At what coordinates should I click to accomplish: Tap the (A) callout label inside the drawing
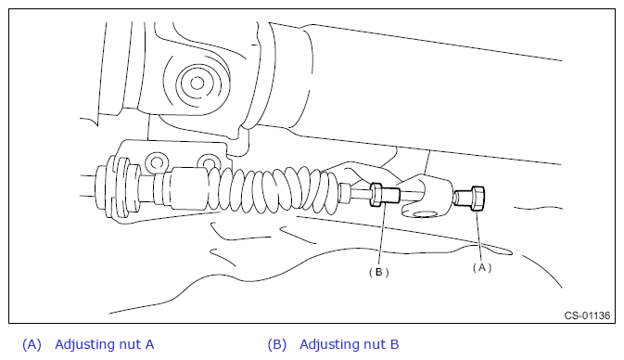tap(482, 268)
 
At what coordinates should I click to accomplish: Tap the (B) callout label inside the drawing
tap(378, 273)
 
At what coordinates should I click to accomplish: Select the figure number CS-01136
tap(587, 315)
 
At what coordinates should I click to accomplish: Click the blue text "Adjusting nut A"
tap(104, 344)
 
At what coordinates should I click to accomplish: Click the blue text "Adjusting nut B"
tap(349, 344)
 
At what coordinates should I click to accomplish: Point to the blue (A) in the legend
tap(32, 344)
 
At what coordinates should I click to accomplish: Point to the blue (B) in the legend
tap(277, 344)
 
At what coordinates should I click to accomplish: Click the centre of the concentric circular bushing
tap(197, 84)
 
